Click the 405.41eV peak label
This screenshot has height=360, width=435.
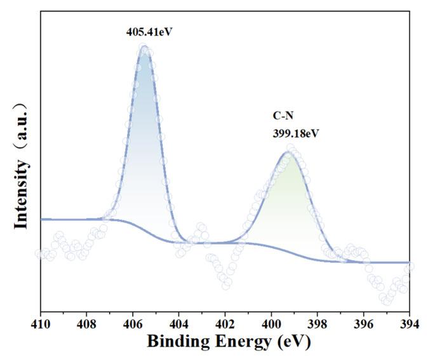[149, 30]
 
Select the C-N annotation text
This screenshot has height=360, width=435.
[283, 116]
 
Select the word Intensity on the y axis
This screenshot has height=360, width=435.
[22, 194]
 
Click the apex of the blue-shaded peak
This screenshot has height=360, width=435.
[145, 49]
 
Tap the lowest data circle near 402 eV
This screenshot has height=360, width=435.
[226, 285]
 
